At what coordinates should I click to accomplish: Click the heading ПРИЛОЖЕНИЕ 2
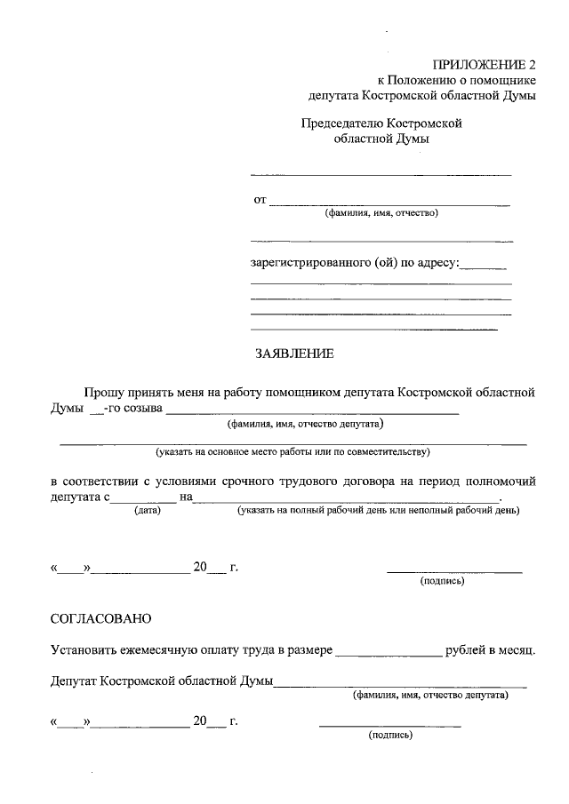485,64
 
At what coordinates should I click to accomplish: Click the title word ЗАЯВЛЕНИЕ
294,354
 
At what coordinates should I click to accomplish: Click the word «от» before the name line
260,200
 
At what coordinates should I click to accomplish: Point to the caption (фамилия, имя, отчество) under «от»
381,213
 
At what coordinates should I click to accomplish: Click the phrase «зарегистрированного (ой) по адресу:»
354,262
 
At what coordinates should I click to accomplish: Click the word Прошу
102,392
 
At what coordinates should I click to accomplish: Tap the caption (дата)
147,511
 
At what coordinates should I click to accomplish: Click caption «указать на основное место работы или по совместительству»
293,452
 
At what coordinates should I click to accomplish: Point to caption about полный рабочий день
378,511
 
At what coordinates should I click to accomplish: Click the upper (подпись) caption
442,582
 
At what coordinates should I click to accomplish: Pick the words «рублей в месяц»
492,650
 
